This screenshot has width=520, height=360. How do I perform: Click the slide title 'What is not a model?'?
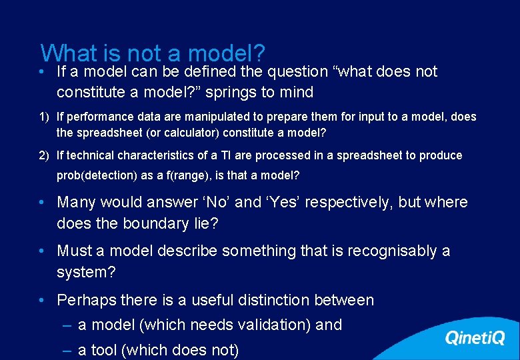(153, 53)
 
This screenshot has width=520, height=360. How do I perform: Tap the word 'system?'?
(82, 272)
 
